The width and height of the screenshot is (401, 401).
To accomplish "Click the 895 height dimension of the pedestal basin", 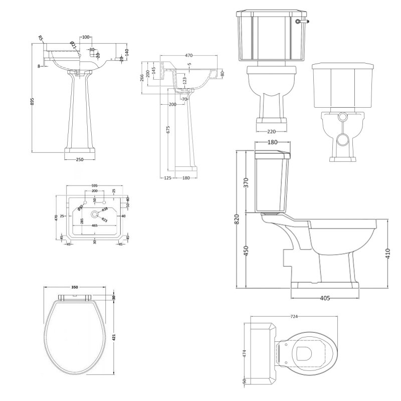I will [x=33, y=101].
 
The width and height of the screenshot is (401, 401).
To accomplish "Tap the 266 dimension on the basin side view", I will [x=142, y=77].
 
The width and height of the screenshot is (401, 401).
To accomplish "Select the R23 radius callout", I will [x=105, y=220].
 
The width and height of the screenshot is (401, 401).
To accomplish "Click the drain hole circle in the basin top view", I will [x=94, y=214].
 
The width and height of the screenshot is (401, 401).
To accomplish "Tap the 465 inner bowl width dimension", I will [x=94, y=226].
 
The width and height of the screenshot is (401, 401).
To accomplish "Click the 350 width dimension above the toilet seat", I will [x=75, y=287].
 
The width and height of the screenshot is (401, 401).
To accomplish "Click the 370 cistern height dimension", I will [x=246, y=183].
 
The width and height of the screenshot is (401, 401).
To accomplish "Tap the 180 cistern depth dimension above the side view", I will [x=273, y=142].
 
